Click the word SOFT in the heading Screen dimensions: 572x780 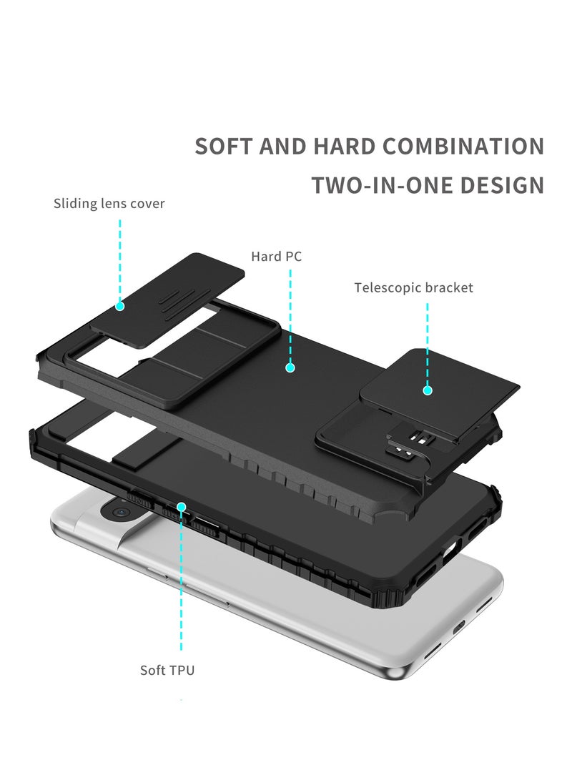223,147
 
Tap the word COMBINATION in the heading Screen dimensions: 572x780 463,147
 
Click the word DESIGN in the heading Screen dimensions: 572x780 502,185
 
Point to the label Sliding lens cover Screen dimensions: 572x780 109,204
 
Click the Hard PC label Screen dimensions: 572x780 276,256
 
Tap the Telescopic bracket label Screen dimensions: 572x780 413,287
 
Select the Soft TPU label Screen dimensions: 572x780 167,670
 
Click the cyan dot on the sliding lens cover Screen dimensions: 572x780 120,306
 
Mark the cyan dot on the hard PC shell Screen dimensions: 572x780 290,367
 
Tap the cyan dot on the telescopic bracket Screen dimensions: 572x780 428,390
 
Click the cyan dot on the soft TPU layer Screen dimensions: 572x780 182,507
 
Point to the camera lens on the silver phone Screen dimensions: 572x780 119,511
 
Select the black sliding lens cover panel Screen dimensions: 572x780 167,300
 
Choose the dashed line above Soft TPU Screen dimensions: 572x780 182,581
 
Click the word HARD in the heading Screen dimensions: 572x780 344,147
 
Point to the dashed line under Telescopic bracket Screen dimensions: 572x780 428,344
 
